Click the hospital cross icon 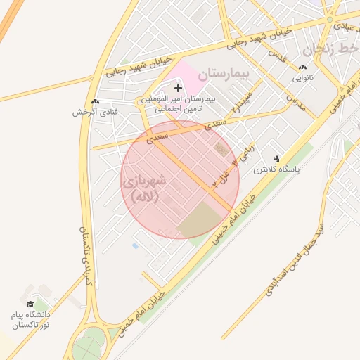177,88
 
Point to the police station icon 276,159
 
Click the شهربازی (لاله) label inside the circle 145,189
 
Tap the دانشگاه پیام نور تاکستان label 31,320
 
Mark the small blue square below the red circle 135,246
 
